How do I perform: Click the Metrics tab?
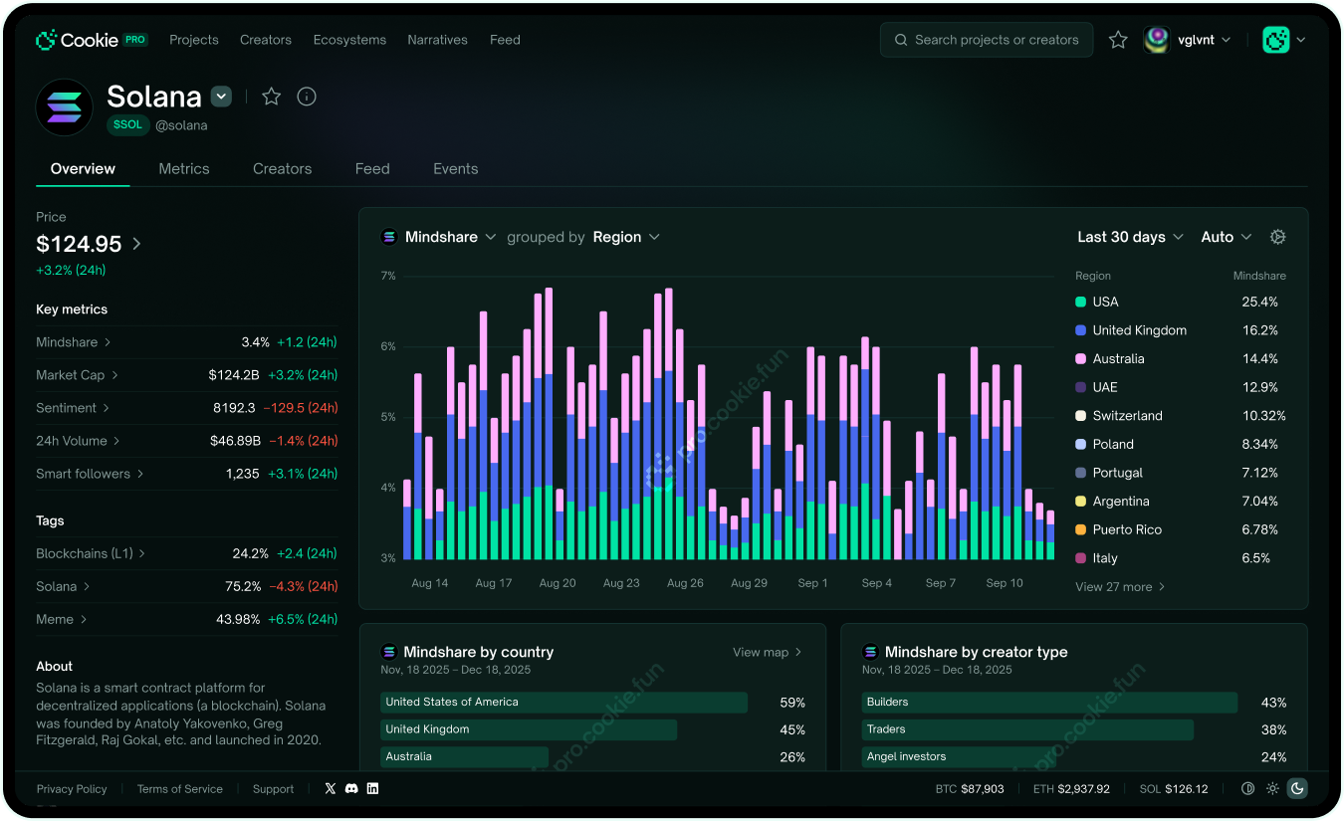click(x=183, y=168)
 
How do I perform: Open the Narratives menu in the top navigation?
click(x=437, y=40)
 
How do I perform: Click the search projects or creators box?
click(x=986, y=40)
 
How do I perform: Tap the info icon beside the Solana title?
click(x=307, y=97)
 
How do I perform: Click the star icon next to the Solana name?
click(x=271, y=97)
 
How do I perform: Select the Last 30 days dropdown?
click(x=1130, y=237)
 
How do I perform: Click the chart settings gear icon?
click(x=1277, y=237)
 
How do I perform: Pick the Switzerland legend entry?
click(x=1120, y=416)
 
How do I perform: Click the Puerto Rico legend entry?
click(x=1119, y=529)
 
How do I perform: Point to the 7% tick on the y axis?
click(x=388, y=276)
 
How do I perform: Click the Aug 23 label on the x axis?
click(x=621, y=583)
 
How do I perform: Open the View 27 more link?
click(x=1120, y=586)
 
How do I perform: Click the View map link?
click(x=767, y=652)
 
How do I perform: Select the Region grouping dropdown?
click(x=626, y=237)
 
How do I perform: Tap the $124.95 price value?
click(x=79, y=244)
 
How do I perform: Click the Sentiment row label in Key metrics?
click(x=66, y=408)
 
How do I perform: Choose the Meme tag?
click(x=55, y=619)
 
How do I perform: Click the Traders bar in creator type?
click(x=1027, y=729)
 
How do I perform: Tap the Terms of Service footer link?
click(x=179, y=788)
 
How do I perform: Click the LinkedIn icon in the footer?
click(x=372, y=788)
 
